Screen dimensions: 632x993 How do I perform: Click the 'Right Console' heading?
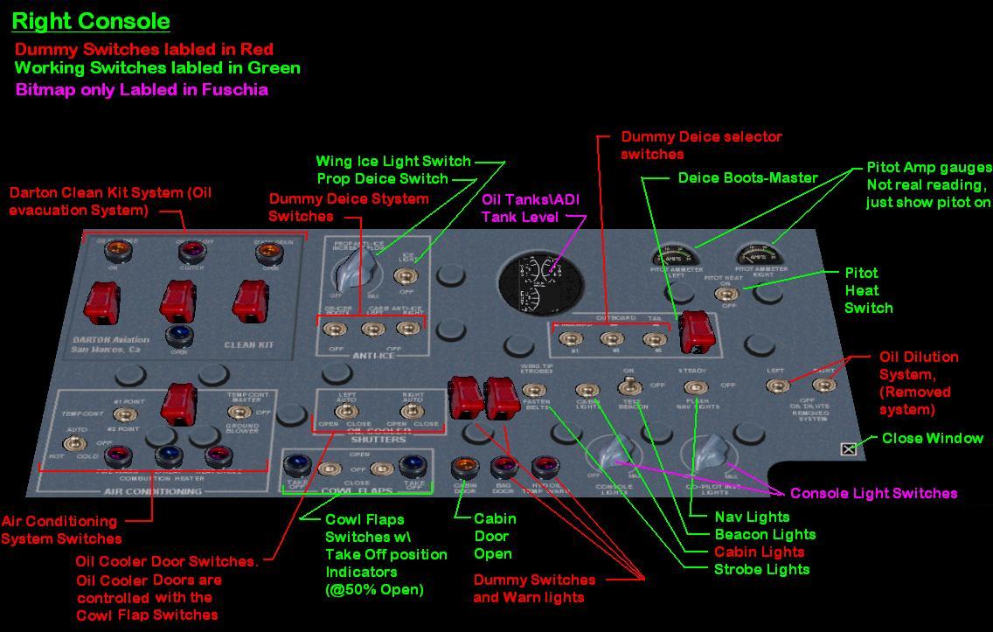click(91, 21)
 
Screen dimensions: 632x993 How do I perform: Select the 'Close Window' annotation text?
click(932, 438)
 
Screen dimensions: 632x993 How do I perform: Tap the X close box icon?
click(848, 449)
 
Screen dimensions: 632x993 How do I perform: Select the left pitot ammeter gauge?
click(678, 258)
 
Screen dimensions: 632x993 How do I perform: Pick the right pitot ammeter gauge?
click(759, 256)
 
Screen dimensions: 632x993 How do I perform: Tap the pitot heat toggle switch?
click(726, 295)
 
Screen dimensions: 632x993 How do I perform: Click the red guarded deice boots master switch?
click(695, 330)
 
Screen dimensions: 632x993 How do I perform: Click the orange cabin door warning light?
click(464, 468)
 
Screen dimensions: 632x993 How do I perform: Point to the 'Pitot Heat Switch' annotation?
click(868, 290)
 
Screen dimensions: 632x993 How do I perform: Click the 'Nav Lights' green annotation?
click(752, 517)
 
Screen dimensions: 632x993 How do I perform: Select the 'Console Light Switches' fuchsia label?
click(873, 493)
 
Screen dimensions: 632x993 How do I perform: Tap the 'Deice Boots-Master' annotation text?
click(747, 177)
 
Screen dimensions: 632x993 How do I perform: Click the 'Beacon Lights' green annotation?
click(765, 534)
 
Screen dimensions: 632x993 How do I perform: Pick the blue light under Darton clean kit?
click(179, 335)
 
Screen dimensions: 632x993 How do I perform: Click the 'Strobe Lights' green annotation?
click(761, 569)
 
